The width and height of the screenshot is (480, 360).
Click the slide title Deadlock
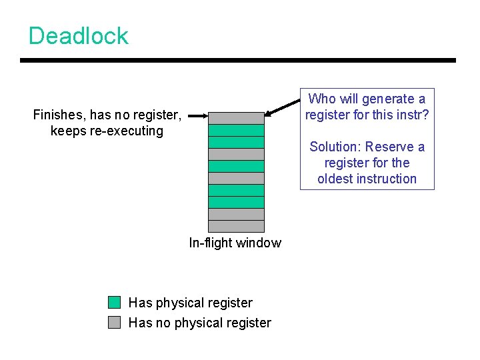(79, 35)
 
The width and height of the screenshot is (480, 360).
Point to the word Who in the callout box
(323, 99)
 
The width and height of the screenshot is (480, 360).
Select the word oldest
(337, 179)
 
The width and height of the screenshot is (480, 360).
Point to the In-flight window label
(235, 243)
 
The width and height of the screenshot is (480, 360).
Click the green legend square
(115, 303)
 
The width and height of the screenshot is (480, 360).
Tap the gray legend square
(115, 323)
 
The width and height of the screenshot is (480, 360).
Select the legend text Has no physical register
(199, 323)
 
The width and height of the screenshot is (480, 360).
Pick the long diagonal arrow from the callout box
(283, 107)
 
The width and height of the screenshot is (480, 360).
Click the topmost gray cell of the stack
(236, 118)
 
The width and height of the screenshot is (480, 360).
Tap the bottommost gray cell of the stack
(236, 226)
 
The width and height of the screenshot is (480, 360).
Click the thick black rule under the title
(237, 61)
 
